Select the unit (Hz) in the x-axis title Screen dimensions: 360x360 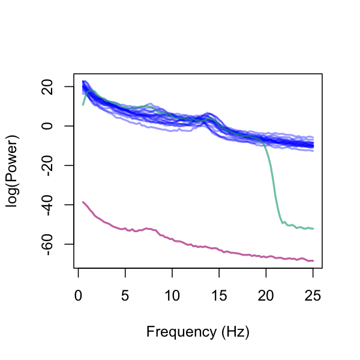tap(233, 331)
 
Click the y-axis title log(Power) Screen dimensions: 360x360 tap(13, 171)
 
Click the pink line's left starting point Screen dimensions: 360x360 tap(83, 202)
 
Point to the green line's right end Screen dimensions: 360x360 tap(313, 229)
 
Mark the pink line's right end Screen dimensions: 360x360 tap(313, 260)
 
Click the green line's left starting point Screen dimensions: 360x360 tap(83, 105)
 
